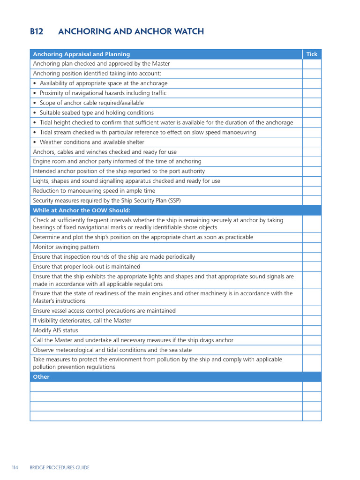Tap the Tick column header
pyautogui.click(x=312, y=54)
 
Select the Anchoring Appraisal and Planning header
pyautogui.click(x=82, y=54)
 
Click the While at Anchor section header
pyautogui.click(x=82, y=210)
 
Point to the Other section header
pyautogui.click(x=41, y=377)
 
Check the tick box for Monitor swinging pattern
pyautogui.click(x=312, y=247)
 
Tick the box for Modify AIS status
pyautogui.click(x=312, y=330)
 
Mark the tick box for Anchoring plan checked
pyautogui.click(x=312, y=64)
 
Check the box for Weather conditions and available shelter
pyautogui.click(x=312, y=142)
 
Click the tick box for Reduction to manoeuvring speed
pyautogui.click(x=312, y=191)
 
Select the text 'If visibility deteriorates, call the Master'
pyautogui.click(x=82, y=321)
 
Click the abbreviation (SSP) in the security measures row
pyautogui.click(x=172, y=201)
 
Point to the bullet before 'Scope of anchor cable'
pyautogui.click(x=35, y=103)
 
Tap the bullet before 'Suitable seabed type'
pyautogui.click(x=35, y=113)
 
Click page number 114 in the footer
pyautogui.click(x=15, y=467)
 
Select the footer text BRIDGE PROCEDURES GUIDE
pyautogui.click(x=60, y=467)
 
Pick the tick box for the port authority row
pyautogui.click(x=312, y=172)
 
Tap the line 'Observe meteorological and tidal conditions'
pyautogui.click(x=112, y=350)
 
